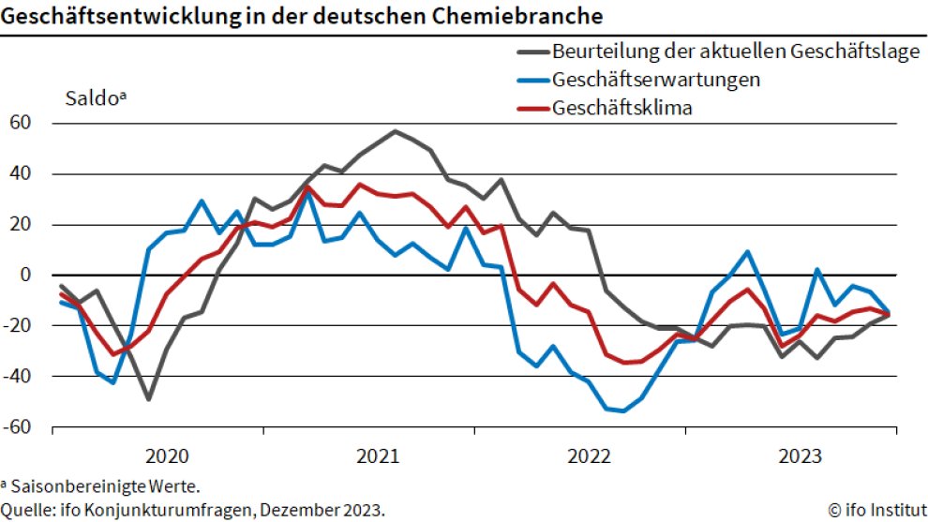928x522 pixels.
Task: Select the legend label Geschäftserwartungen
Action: coord(656,79)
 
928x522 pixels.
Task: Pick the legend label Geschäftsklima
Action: coord(622,108)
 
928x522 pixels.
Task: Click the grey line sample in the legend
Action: coord(532,51)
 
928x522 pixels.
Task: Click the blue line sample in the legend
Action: coord(532,79)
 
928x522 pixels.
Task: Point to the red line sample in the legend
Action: coord(532,108)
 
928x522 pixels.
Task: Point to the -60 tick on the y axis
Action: coord(20,427)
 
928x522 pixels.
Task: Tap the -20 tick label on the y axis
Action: coord(20,325)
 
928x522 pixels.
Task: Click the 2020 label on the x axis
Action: coord(168,456)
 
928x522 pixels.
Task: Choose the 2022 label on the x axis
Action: coord(591,456)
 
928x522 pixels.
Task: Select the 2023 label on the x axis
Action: coord(801,456)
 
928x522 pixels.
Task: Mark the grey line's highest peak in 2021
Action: coord(395,131)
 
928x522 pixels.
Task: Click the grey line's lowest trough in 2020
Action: coord(148,399)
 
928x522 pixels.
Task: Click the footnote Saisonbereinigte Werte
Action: coord(104,486)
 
